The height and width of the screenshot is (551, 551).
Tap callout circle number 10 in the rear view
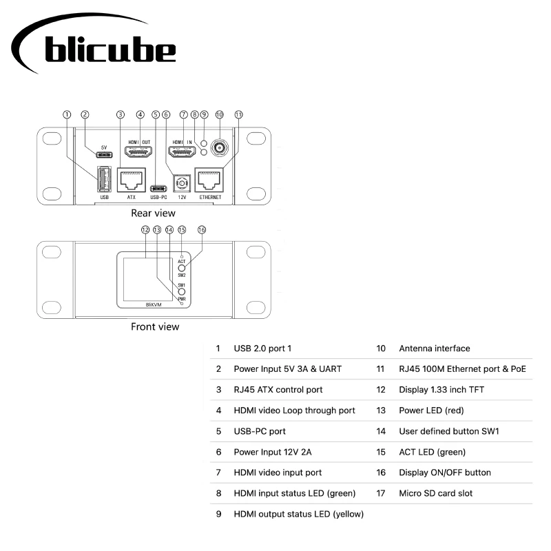point(220,114)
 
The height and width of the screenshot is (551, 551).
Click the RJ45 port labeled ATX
point(132,180)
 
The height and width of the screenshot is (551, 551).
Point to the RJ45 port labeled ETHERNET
point(211,180)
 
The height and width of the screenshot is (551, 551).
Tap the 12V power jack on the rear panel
point(183,183)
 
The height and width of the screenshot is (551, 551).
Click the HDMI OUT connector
point(138,151)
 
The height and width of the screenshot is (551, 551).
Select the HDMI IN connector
point(181,151)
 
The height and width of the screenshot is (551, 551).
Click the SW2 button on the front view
point(182,268)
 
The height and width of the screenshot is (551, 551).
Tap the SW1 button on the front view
point(182,292)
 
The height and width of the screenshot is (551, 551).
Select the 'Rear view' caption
point(153,214)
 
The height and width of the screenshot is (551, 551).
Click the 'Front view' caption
point(155,326)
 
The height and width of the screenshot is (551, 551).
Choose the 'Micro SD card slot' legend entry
point(435,493)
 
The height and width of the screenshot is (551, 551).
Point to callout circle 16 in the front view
point(202,229)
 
